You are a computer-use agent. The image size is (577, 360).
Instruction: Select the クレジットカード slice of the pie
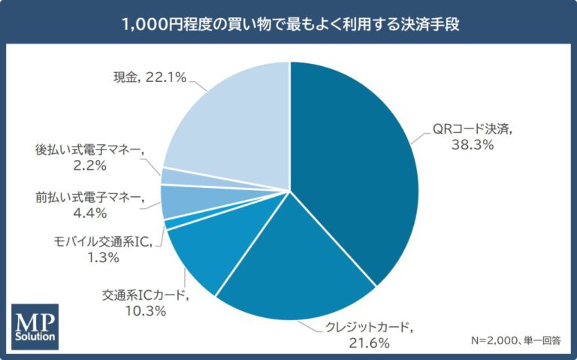click(295, 269)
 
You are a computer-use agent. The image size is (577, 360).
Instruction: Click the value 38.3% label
click(473, 145)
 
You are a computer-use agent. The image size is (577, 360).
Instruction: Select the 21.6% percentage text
click(369, 343)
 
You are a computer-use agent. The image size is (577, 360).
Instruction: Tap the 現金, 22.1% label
click(150, 77)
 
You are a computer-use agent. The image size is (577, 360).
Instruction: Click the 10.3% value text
click(146, 311)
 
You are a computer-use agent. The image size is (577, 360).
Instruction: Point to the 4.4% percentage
click(90, 213)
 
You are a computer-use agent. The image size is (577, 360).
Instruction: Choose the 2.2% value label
click(90, 165)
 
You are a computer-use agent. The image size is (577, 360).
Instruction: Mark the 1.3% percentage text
click(103, 257)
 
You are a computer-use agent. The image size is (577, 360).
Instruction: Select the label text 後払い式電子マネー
click(89, 150)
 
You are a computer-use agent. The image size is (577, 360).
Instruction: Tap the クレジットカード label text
click(367, 327)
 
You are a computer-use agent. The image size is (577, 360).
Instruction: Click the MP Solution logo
click(35, 326)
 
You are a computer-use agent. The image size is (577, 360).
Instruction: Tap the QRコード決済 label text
click(472, 129)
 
